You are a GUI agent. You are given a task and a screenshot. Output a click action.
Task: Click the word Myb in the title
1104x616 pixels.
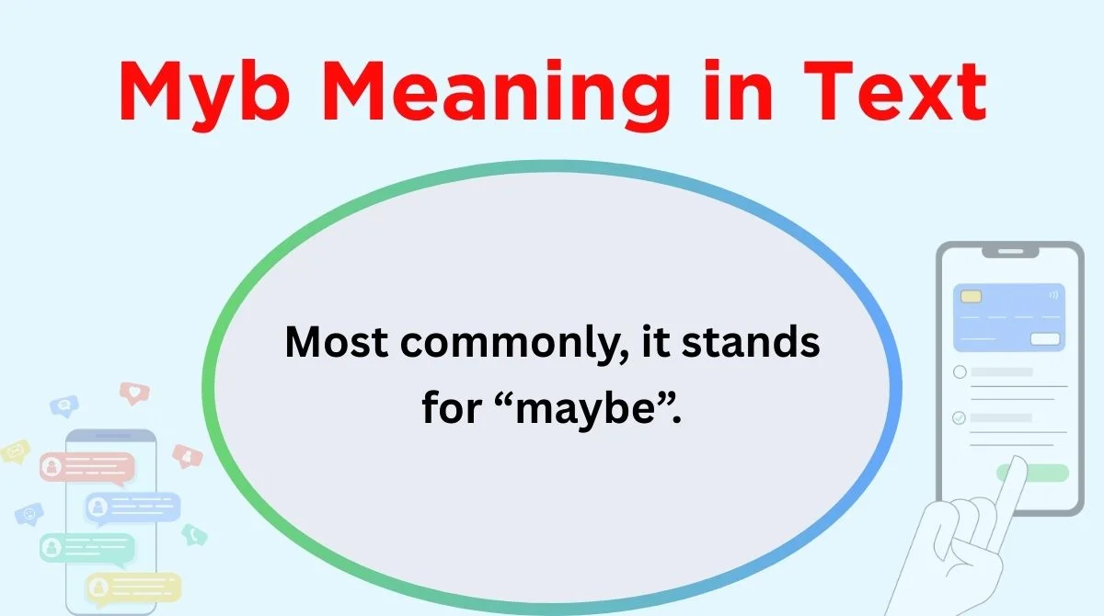[x=204, y=94]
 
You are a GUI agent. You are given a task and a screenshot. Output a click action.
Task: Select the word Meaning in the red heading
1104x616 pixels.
[x=496, y=94]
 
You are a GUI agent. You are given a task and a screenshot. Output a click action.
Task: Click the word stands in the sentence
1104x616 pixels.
[x=751, y=341]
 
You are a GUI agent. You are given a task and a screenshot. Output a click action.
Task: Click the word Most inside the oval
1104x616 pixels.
[x=336, y=342]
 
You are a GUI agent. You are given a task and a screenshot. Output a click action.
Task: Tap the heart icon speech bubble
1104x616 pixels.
[x=134, y=394]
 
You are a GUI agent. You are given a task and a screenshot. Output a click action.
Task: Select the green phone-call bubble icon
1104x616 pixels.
[x=194, y=535]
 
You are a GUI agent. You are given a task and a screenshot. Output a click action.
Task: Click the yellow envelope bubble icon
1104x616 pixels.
[x=16, y=451]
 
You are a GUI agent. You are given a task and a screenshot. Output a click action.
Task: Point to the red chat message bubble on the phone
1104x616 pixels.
[x=86, y=467]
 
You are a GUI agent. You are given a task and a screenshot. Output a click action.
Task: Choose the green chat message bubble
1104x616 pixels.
[x=86, y=548]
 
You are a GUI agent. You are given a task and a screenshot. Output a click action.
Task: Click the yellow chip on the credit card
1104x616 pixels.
[x=971, y=296]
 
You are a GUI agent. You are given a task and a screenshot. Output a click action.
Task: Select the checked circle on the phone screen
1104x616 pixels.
[x=959, y=418]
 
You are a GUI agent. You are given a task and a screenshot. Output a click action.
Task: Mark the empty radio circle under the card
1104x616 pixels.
[x=960, y=371]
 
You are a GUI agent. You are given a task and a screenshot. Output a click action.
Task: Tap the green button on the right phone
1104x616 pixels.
[x=1032, y=473]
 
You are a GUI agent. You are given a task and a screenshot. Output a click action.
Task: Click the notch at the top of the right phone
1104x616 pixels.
[x=1010, y=252]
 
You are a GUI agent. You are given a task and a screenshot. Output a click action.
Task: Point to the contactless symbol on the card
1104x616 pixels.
[x=1053, y=295]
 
